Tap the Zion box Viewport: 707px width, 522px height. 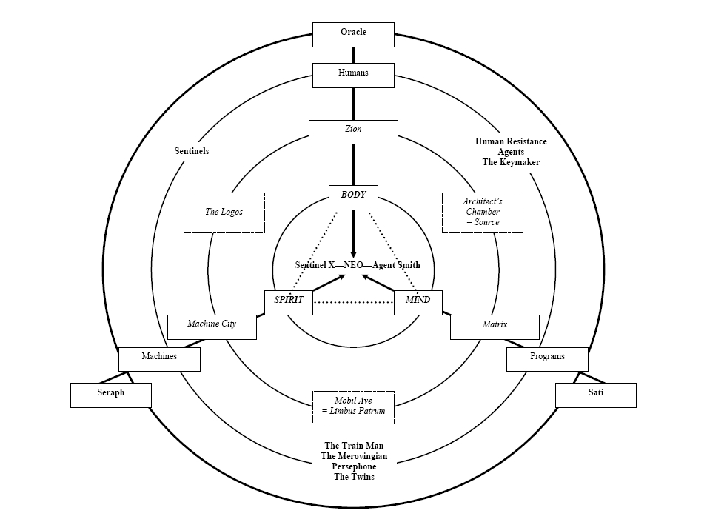353,131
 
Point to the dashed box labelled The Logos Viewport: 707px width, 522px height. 224,213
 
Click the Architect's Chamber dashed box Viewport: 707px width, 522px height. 483,213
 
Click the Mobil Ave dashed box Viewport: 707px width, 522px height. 353,406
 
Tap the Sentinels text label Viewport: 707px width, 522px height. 192,151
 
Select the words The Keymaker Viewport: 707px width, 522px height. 507,162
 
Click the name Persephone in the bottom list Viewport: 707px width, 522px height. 354,466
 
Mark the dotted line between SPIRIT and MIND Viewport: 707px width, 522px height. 353,302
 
